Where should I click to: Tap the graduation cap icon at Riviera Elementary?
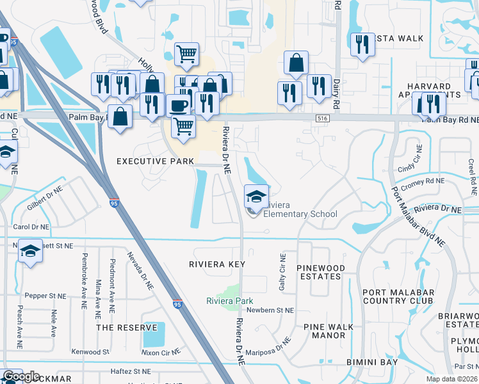256,196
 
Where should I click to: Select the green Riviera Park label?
229,301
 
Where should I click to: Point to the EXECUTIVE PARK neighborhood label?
154,162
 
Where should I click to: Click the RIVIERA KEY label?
217,264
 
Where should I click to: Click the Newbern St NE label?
270,310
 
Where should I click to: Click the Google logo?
21,376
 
